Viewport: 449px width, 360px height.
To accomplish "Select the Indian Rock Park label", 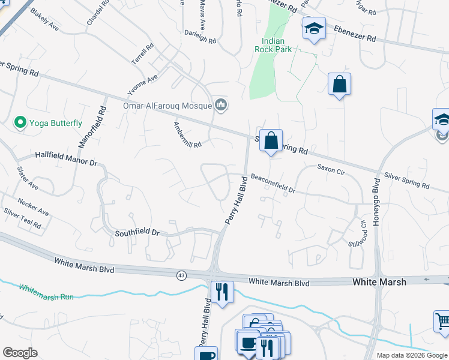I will point(273,45).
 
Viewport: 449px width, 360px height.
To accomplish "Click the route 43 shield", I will point(181,275).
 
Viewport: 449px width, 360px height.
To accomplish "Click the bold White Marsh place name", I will point(379,282).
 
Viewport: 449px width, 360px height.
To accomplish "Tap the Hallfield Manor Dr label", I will point(66,158).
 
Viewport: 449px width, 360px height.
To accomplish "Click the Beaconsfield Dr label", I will point(273,182).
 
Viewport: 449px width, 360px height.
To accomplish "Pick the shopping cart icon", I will point(442,322).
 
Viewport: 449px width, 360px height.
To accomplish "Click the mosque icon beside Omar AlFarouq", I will point(221,106).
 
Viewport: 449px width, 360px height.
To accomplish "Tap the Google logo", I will point(20,353).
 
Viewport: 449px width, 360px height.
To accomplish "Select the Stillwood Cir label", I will point(357,233).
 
